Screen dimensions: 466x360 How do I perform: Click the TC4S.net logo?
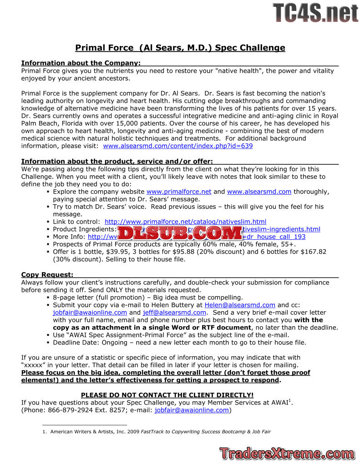(x=315, y=12)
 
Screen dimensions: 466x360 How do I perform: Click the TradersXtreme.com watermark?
(x=287, y=453)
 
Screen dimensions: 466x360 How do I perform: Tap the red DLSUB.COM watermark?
(x=180, y=233)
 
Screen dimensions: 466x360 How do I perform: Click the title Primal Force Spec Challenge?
(x=180, y=48)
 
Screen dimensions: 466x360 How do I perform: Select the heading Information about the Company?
(x=81, y=63)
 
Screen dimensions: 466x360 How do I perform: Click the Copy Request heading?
(x=47, y=274)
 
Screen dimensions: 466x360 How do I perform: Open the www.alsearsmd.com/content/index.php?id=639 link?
(x=178, y=146)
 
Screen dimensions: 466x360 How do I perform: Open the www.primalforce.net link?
(x=179, y=192)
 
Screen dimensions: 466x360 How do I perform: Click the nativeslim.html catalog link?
(x=185, y=222)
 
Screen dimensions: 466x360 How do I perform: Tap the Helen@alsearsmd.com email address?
(x=240, y=305)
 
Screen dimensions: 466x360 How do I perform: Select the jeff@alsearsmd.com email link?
(x=174, y=313)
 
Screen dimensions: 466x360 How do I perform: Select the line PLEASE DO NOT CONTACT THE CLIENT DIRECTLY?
(x=167, y=395)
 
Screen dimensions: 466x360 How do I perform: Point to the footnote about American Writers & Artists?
(x=160, y=431)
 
